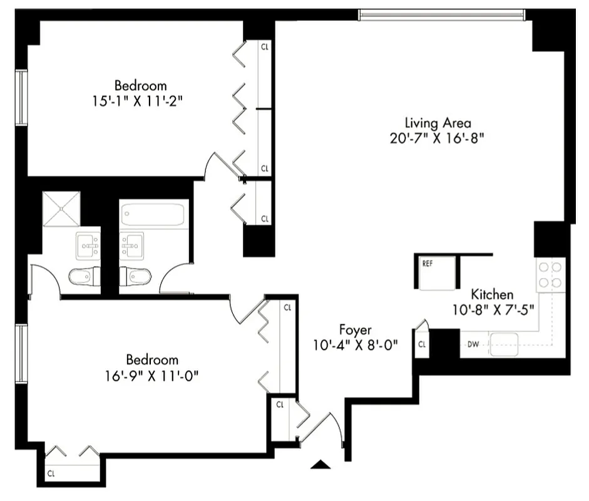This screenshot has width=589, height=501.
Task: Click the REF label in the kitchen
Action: [x=428, y=264]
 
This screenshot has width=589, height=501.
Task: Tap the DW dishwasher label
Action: [x=473, y=344]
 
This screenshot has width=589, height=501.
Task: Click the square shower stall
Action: [x=61, y=209]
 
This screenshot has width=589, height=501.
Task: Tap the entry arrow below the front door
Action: [x=320, y=464]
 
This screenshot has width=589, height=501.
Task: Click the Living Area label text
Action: [x=438, y=123]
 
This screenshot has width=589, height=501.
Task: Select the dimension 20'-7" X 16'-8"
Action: [x=438, y=138]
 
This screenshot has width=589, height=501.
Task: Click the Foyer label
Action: [x=356, y=329]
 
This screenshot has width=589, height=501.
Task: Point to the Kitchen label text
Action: [x=492, y=294]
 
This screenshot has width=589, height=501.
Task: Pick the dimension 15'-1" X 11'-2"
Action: [x=140, y=100]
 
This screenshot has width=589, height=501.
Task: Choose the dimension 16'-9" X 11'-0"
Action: [x=152, y=375]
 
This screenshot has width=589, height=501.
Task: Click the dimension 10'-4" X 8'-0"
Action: [x=356, y=344]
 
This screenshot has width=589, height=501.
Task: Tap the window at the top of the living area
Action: [x=442, y=14]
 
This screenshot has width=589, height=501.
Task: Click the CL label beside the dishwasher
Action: [x=423, y=344]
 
